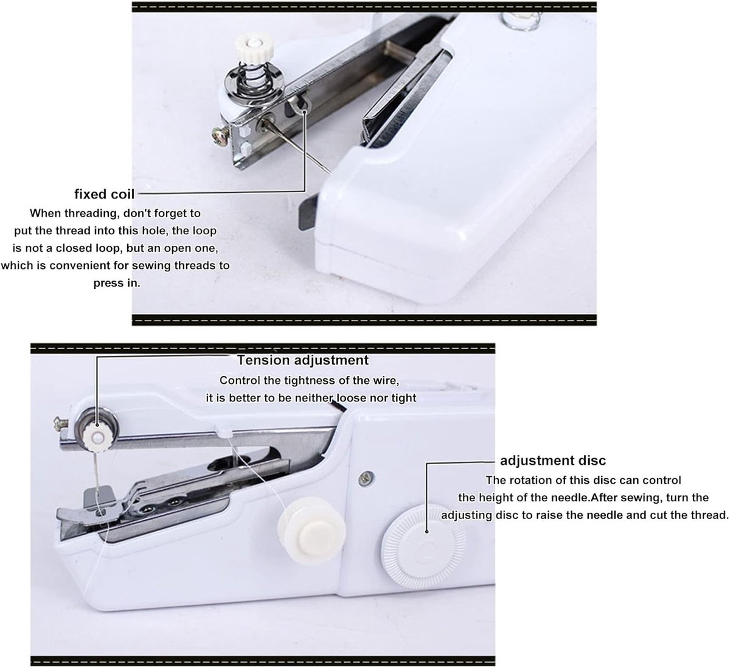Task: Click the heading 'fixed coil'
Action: (105, 194)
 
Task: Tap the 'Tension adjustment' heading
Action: (303, 360)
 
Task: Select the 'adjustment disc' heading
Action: (553, 461)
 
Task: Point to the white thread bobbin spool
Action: (311, 531)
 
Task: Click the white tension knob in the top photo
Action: (253, 45)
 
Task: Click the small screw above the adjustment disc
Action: (366, 479)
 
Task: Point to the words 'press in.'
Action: (117, 283)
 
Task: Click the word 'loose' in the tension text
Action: (351, 398)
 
